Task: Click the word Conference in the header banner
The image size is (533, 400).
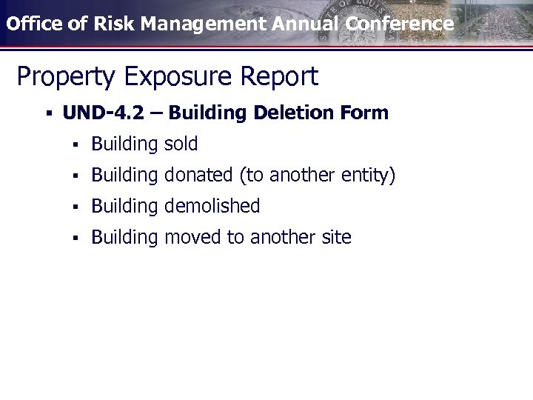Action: tap(399, 23)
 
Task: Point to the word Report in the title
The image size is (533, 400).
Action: tap(284, 76)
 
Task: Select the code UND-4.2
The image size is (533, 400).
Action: tap(112, 113)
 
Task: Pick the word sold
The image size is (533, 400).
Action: tap(181, 144)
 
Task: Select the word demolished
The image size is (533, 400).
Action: tap(212, 206)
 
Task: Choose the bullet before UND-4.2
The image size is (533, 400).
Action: tap(47, 113)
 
